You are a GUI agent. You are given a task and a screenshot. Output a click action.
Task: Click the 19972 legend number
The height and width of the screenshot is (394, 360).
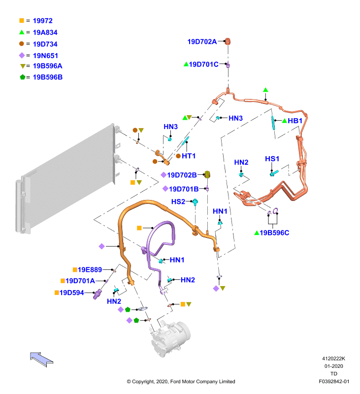click(43, 21)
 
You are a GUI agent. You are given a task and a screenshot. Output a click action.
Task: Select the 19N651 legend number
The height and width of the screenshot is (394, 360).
click(45, 56)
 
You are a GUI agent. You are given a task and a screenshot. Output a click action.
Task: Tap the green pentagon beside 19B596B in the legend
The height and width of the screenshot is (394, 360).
click(23, 77)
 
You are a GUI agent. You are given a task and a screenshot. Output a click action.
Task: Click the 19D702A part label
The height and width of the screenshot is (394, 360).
click(202, 41)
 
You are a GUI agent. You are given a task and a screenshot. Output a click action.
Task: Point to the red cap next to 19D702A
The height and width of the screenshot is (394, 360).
click(228, 41)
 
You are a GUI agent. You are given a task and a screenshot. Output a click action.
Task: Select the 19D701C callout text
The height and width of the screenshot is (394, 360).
click(204, 65)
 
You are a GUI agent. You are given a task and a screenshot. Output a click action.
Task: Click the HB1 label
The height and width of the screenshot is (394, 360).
click(295, 121)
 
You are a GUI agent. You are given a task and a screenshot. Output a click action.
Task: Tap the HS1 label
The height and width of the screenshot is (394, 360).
click(272, 159)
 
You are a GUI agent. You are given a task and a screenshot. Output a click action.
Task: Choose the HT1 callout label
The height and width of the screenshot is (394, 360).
click(189, 156)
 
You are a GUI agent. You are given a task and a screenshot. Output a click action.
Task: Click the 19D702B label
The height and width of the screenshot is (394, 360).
click(182, 175)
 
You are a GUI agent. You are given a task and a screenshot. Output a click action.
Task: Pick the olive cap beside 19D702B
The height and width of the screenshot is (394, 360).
click(207, 174)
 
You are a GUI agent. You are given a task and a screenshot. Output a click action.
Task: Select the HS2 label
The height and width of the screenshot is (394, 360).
click(178, 201)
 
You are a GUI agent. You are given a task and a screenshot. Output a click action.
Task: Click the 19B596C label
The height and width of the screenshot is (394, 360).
click(274, 232)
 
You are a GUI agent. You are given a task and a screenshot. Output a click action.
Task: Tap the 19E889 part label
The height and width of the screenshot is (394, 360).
click(90, 269)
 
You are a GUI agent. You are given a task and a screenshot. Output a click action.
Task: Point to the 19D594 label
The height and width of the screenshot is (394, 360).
click(71, 293)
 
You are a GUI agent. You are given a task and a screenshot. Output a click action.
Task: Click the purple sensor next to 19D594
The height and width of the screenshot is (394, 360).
click(97, 294)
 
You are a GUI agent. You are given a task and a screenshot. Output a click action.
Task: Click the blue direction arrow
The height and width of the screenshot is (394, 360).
click(41, 360)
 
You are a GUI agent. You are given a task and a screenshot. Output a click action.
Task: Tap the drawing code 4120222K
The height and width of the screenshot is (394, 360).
click(333, 359)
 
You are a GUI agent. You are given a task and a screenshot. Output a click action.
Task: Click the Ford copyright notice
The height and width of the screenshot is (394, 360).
click(181, 381)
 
